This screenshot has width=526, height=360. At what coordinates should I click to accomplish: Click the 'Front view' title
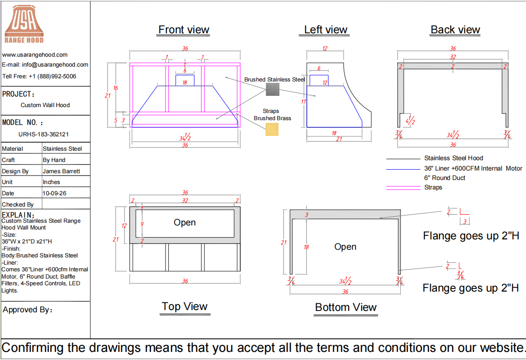pyautogui.click(x=184, y=30)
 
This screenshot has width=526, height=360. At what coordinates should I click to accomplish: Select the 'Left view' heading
pyautogui.click(x=325, y=30)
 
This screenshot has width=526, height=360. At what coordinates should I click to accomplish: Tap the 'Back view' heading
pyautogui.click(x=455, y=30)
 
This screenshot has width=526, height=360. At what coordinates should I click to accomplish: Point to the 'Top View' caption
pyautogui.click(x=184, y=306)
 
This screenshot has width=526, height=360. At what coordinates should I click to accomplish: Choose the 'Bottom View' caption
pyautogui.click(x=346, y=307)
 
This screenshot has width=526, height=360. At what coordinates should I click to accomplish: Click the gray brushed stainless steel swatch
pyautogui.click(x=273, y=89)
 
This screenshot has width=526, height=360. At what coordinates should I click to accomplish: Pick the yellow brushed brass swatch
pyautogui.click(x=272, y=129)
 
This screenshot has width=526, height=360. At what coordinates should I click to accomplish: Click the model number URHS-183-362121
pyautogui.click(x=44, y=134)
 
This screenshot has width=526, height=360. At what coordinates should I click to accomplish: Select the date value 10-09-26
pyautogui.click(x=54, y=193)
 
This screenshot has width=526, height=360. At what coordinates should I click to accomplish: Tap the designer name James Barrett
pyautogui.click(x=61, y=171)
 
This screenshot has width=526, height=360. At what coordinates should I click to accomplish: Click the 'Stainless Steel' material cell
pyautogui.click(x=63, y=148)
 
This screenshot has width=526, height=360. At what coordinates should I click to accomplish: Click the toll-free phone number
pyautogui.click(x=52, y=76)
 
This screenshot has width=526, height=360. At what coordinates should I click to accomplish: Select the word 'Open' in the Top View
pyautogui.click(x=184, y=222)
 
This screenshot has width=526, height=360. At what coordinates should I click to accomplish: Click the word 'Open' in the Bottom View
pyautogui.click(x=345, y=247)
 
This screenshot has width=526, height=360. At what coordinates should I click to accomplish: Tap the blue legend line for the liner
pyautogui.click(x=403, y=169)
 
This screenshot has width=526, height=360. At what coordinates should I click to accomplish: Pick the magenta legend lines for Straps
pyautogui.click(x=403, y=188)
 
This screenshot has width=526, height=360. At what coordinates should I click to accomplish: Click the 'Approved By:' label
pyautogui.click(x=27, y=310)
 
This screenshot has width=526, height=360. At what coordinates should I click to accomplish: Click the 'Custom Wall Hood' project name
pyautogui.click(x=45, y=105)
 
